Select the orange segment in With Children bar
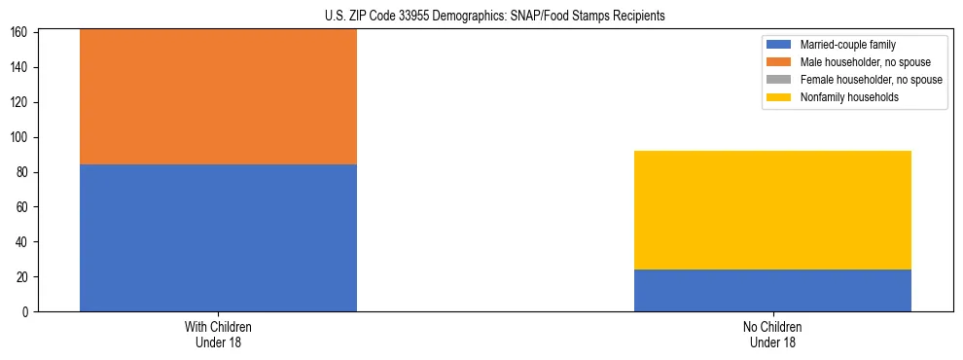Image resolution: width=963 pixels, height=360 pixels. (x=218, y=96)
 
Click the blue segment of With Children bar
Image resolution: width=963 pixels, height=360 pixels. (x=218, y=237)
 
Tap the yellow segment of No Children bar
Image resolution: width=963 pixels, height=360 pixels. (x=772, y=210)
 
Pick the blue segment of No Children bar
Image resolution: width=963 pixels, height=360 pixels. (x=772, y=290)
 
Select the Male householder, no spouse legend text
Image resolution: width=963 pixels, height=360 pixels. (x=858, y=62)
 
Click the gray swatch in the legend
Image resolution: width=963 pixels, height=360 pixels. (x=779, y=80)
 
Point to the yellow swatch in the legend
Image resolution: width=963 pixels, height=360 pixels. (x=779, y=97)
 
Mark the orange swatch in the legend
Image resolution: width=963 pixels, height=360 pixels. (x=779, y=62)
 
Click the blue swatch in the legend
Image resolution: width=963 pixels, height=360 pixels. (x=779, y=45)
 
